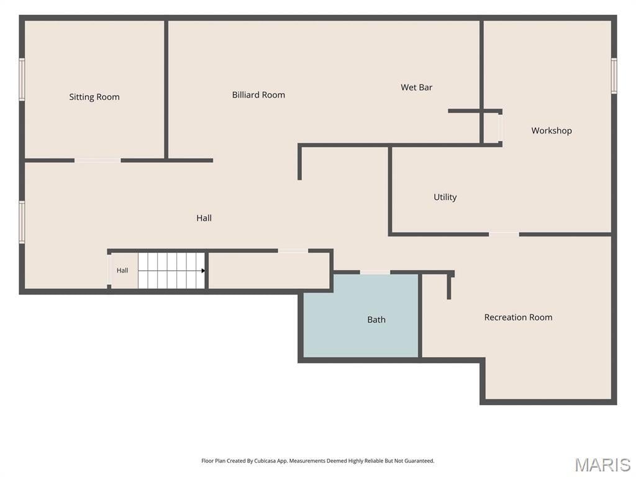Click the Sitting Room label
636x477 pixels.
pyautogui.click(x=94, y=97)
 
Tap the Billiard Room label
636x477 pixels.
pyautogui.click(x=258, y=95)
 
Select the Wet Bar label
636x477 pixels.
pyautogui.click(x=417, y=87)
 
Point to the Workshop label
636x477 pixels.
pyautogui.click(x=552, y=130)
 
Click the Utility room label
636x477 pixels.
pyautogui.click(x=445, y=197)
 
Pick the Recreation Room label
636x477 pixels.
pyautogui.click(x=519, y=317)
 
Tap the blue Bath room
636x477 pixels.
pyautogui.click(x=361, y=316)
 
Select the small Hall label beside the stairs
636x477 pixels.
pyautogui.click(x=122, y=271)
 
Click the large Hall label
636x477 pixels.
pyautogui.click(x=204, y=218)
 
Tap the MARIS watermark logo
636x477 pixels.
pyautogui.click(x=602, y=465)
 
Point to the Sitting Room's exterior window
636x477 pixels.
pyautogui.click(x=22, y=79)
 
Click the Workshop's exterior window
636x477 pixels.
pyautogui.click(x=614, y=76)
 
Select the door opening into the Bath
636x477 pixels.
pyautogui.click(x=375, y=272)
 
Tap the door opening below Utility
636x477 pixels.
pyautogui.click(x=504, y=234)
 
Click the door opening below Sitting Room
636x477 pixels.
pyautogui.click(x=98, y=161)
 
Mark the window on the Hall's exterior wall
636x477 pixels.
pyautogui.click(x=22, y=222)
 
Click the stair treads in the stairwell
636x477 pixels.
pyautogui.click(x=171, y=271)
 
